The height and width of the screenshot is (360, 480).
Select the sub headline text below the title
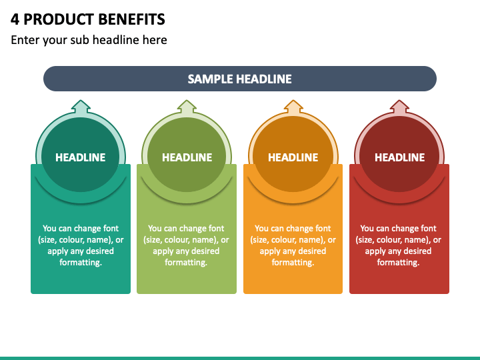point(89,40)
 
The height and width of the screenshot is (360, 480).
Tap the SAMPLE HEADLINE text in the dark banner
point(240,79)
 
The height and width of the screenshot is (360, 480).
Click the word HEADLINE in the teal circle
point(81,157)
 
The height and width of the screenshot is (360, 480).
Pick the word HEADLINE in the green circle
point(187,157)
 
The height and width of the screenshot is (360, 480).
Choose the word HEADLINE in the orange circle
point(293,157)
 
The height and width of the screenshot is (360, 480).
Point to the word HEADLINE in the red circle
point(399,157)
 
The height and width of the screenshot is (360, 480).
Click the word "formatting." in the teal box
point(81,263)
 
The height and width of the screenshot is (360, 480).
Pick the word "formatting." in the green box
point(187,263)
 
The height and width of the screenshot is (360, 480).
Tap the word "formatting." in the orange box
point(293,263)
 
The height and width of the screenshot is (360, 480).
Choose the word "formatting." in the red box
point(399,263)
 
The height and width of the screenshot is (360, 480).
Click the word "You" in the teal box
point(50,229)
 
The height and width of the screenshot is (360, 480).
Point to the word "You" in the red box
point(368,229)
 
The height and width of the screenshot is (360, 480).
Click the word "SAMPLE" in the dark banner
point(209,79)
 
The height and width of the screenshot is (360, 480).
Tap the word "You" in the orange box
point(262,229)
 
